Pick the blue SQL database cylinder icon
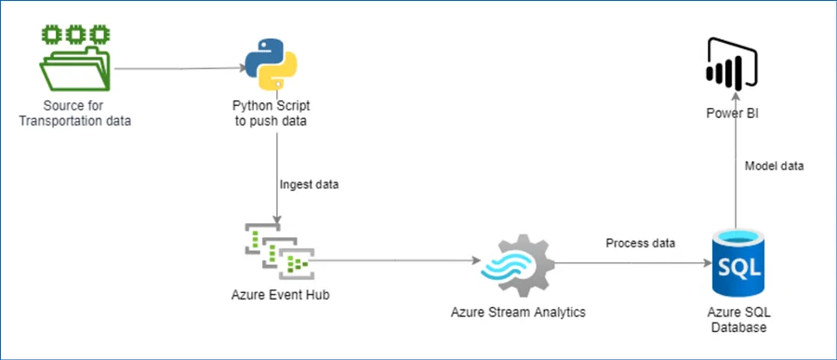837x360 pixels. [x=738, y=266]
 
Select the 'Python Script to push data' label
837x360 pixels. [x=271, y=113]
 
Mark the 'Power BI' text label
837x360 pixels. [x=735, y=113]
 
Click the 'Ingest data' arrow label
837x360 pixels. [x=310, y=184]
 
